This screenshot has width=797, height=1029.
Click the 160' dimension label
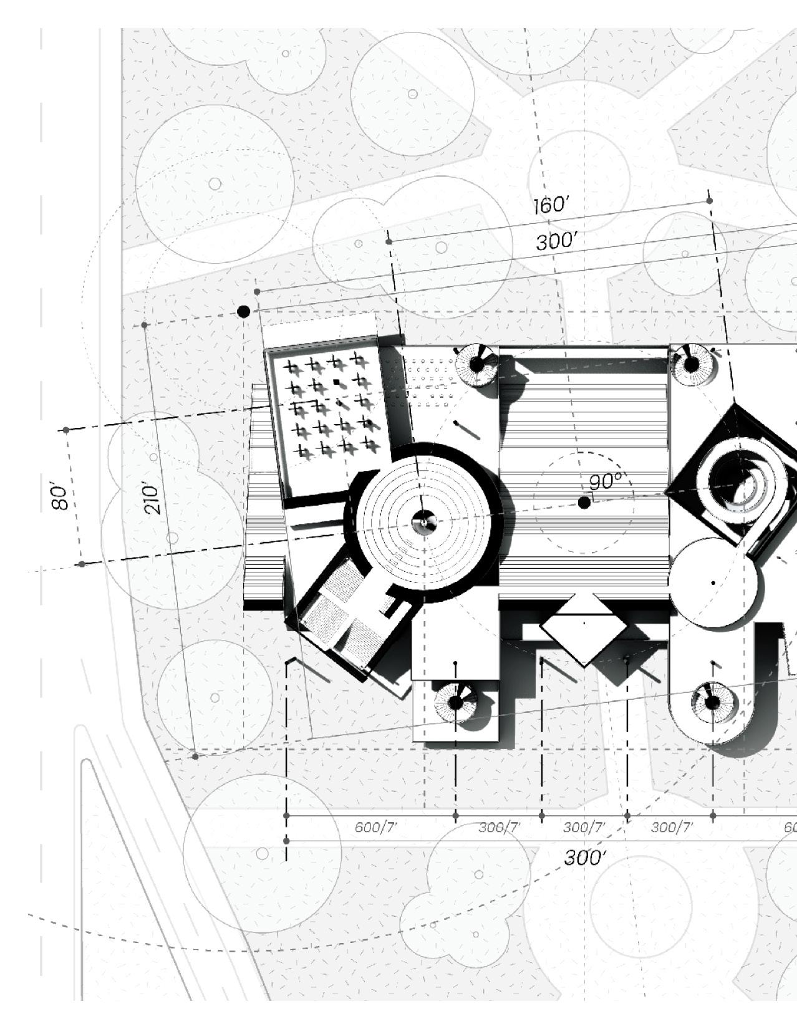point(551,205)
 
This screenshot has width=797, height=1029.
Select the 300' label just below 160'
point(556,241)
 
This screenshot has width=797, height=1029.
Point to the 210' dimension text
point(152,497)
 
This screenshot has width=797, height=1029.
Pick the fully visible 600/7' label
point(375,828)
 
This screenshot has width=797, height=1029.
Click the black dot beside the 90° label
point(584,503)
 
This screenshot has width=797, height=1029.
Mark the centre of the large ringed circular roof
point(425,522)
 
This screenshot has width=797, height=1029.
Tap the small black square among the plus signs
point(337,382)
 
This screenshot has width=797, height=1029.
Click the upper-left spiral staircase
point(476,365)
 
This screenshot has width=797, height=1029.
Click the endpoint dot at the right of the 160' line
point(710,201)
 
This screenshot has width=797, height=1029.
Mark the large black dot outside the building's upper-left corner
point(244,311)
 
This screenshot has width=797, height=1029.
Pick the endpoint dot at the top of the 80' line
point(66,430)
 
